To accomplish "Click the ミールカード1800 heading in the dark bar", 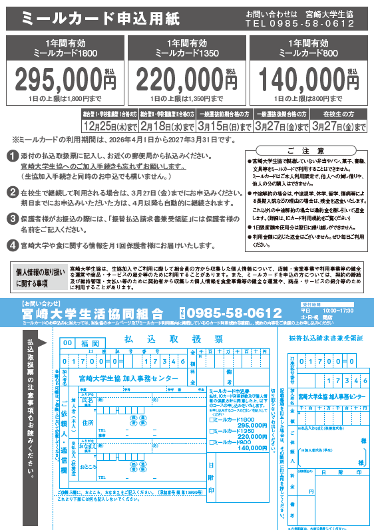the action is point(65,53).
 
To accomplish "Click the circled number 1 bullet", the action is point(13,156).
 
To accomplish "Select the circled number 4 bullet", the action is point(13,244).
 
